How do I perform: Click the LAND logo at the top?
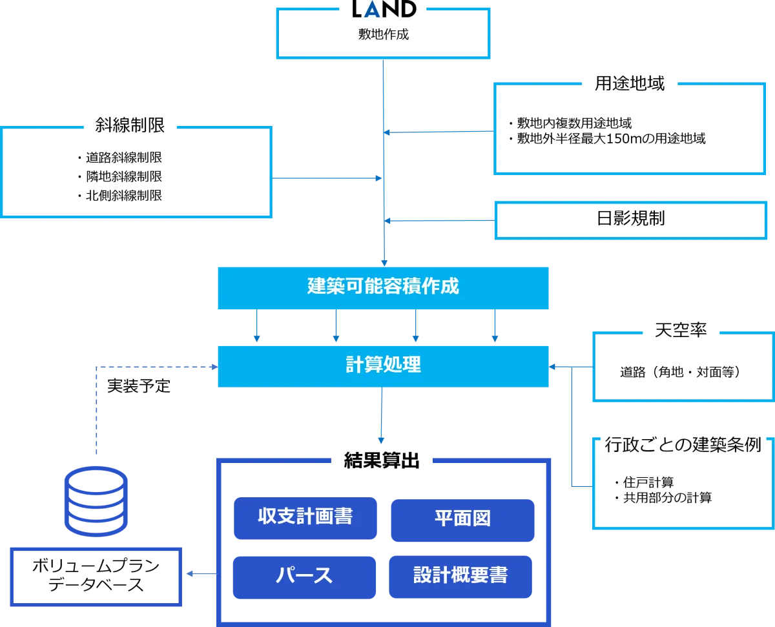pos(384,9)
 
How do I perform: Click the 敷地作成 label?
pos(384,35)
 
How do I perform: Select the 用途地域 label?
pos(630,84)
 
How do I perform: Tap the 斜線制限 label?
pos(130,125)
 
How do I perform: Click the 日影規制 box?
pos(630,219)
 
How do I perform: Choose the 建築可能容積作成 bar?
pos(384,286)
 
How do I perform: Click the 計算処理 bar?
pos(384,365)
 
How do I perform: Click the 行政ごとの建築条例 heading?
pos(683,445)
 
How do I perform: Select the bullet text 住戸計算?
pos(648,482)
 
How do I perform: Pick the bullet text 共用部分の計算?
pos(666,498)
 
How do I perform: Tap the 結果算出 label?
pos(382,460)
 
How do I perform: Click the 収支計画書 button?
pos(305,518)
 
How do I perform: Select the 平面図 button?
pos(462,519)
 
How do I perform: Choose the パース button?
pos(304,575)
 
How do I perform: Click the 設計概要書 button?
pos(460,575)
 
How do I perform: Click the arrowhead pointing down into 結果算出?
pos(382,438)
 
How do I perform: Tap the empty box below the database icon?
pos(96,575)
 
